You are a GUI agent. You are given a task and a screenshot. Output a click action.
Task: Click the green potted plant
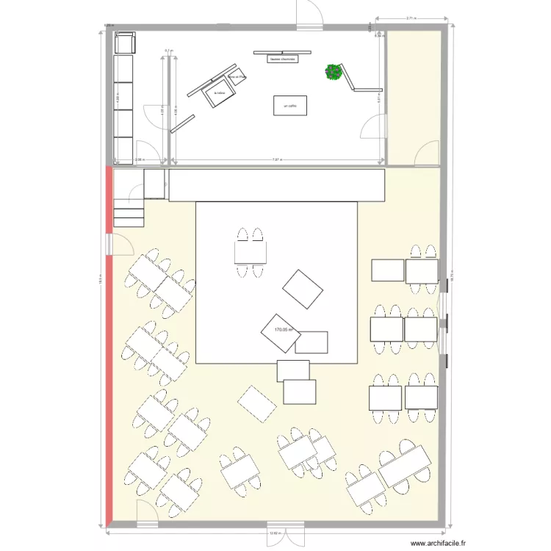click(334, 72)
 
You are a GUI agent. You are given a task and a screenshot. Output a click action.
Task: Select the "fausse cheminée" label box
click(283, 60)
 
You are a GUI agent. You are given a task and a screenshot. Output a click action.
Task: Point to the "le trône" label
click(218, 94)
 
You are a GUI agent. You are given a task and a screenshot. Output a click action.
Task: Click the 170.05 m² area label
click(284, 330)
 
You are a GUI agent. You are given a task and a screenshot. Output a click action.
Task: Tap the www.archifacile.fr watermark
click(442, 544)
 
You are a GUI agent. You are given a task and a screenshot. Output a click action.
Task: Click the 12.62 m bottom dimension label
click(274, 533)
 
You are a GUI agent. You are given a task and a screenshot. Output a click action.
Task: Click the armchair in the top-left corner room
click(125, 43)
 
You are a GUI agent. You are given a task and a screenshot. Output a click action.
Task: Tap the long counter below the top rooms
click(277, 184)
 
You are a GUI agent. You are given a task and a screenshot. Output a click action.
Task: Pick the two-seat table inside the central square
click(249, 253)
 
